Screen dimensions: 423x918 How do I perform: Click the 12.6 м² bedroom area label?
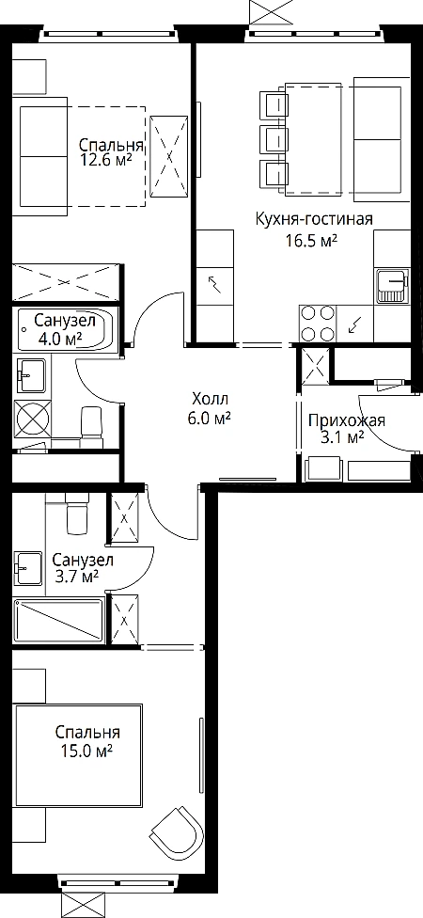(x=106, y=159)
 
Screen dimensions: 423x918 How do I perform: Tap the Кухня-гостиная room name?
(x=314, y=219)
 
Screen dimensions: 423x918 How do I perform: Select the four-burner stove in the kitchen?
(x=318, y=323)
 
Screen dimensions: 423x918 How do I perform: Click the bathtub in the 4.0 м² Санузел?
(x=66, y=329)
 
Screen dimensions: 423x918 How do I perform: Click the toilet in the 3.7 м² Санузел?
(x=77, y=513)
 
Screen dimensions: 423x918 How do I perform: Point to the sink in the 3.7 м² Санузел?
(x=29, y=567)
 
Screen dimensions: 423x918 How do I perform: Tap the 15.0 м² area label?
(x=88, y=751)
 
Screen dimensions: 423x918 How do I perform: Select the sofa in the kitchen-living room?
(x=378, y=140)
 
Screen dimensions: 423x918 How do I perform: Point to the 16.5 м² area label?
(x=315, y=241)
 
